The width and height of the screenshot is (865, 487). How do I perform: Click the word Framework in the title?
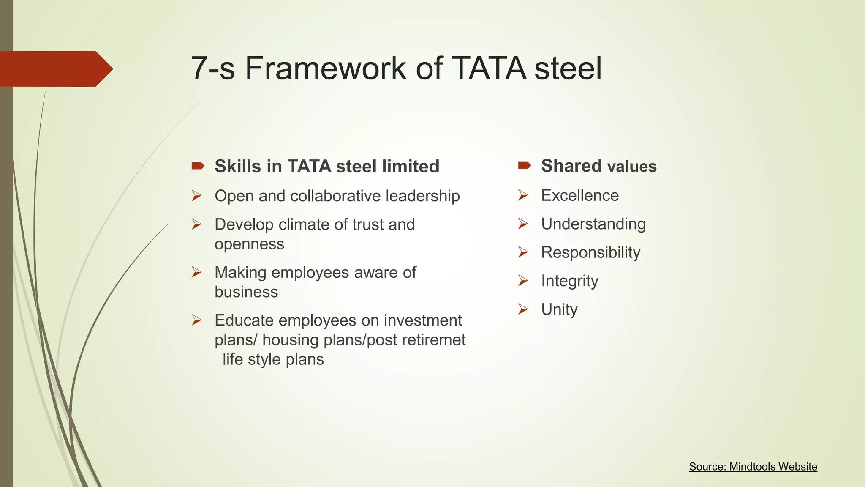325,68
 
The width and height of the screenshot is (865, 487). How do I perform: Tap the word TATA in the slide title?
489,68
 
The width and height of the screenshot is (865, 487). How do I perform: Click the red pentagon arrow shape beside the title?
55,68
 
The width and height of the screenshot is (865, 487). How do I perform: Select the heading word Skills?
238,166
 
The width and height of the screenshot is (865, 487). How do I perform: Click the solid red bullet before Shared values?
524,165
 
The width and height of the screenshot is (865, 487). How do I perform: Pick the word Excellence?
580,195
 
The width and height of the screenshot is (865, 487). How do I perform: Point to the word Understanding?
593,224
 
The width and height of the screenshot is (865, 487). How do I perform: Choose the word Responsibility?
590,252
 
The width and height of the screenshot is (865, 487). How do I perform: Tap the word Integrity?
570,281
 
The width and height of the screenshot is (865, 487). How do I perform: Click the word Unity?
559,309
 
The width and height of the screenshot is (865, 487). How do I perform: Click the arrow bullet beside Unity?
523,309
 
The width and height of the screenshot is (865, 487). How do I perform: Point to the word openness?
249,244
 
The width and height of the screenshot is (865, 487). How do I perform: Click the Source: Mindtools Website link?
753,467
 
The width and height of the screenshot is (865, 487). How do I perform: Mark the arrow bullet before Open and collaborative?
196,196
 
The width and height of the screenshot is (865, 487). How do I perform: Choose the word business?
246,292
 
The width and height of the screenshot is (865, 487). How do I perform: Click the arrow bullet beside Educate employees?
196,320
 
